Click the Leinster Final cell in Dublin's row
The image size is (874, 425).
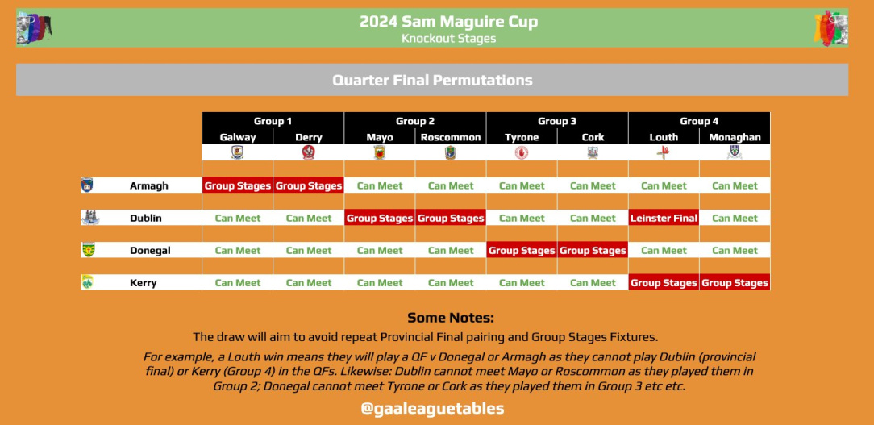coord(664,218)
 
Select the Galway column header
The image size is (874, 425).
coord(238,137)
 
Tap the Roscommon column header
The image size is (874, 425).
coord(451,137)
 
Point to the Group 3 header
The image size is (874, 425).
coord(557,121)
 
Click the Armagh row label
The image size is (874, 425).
coord(149,185)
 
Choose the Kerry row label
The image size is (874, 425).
coord(144,283)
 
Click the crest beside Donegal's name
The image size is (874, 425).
coord(88,250)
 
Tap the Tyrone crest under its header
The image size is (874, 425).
coord(522,152)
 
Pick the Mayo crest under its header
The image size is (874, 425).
coord(380,152)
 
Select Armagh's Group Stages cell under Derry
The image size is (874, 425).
coord(309,185)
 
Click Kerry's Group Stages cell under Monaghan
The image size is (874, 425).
coord(735,283)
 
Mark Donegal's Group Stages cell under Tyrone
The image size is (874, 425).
coord(522,251)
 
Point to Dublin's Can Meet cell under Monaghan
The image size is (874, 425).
coord(735,218)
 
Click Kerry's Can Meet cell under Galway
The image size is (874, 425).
coord(238,283)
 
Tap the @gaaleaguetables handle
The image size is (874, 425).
coord(432,409)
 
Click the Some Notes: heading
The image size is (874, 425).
coord(451,318)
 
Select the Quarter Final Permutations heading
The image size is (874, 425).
coord(432,81)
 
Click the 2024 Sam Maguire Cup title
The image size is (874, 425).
coord(449,22)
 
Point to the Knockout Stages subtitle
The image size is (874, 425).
coord(449,39)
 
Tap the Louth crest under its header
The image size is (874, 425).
coord(664,152)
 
